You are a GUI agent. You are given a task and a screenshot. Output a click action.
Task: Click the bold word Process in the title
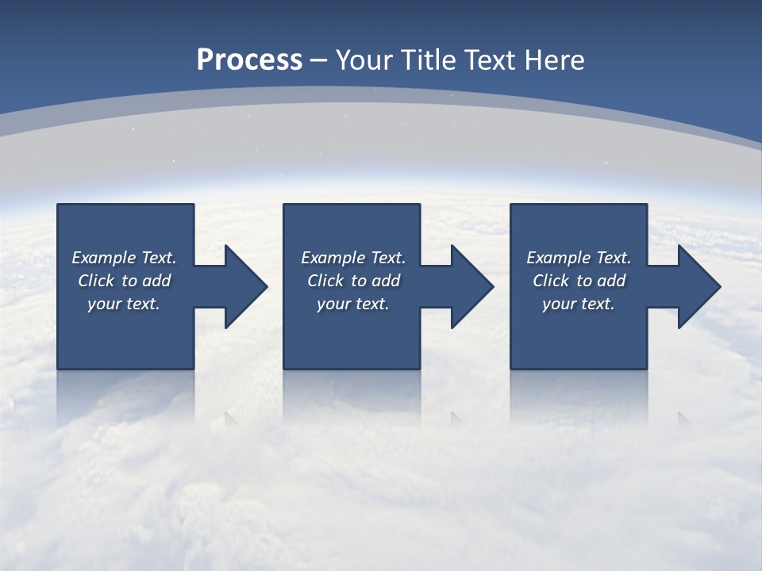point(249,60)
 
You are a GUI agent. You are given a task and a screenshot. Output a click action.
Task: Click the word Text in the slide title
point(491,60)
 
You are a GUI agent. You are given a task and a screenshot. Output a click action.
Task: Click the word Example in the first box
point(103,258)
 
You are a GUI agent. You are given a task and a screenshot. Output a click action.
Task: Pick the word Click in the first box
point(97,281)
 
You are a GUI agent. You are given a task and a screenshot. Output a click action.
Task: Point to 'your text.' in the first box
point(124,304)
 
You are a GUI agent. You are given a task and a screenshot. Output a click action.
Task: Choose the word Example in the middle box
point(333,258)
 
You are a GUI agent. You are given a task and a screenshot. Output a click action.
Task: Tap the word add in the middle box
point(386,281)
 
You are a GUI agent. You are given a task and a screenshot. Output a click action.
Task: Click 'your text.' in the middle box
point(353,304)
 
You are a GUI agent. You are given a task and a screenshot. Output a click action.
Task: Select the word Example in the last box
point(558,258)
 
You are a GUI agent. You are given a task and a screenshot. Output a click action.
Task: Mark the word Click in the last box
point(552,281)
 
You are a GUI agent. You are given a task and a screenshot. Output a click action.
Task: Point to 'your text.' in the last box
point(579,304)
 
